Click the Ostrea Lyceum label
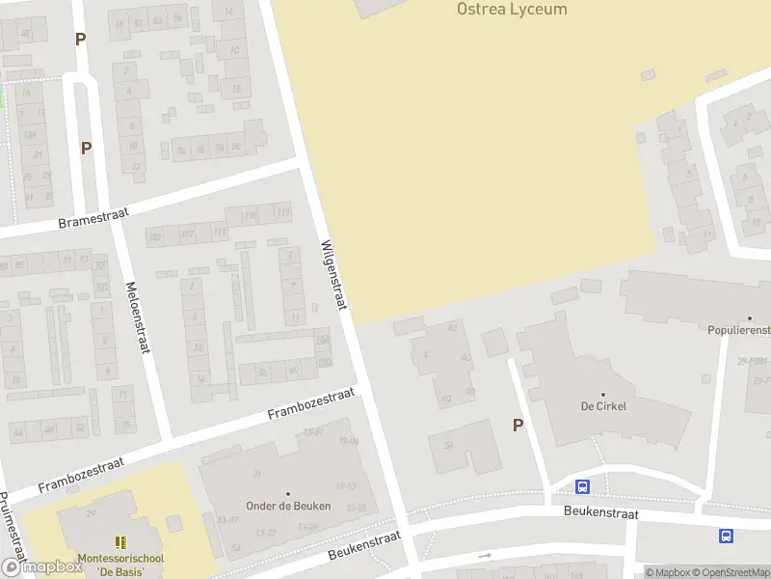pos(511,10)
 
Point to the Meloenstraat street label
pos(138,317)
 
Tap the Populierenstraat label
pos(739,330)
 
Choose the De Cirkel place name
pos(604,406)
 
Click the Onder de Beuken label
pos(289,506)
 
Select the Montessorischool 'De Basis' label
pos(120,565)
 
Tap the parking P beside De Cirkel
pos(518,425)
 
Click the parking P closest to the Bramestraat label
pos(86,148)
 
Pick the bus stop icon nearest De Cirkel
pos(582,487)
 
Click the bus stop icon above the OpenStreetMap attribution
pos(725,537)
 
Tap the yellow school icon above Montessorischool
pos(120,543)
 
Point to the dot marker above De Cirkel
pos(604,394)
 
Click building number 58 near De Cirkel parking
pos(448,445)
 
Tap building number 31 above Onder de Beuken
pos(256,474)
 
